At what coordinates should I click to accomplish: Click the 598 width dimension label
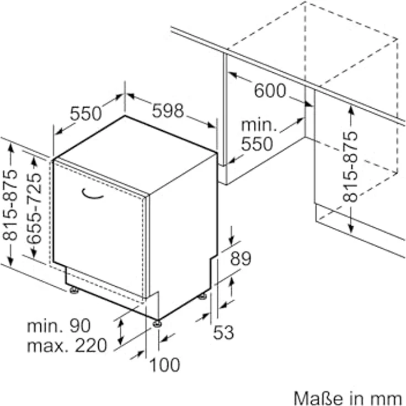pyautogui.click(x=168, y=110)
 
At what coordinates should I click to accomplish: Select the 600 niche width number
pyautogui.click(x=270, y=90)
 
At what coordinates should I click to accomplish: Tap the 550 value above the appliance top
pyautogui.click(x=86, y=114)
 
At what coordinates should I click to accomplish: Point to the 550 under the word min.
pyautogui.click(x=257, y=144)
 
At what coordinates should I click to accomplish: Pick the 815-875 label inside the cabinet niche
pyautogui.click(x=350, y=167)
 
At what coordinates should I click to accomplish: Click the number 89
pyautogui.click(x=241, y=258)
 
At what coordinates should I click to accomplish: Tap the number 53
pyautogui.click(x=223, y=332)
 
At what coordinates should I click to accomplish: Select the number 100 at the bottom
pyautogui.click(x=165, y=365)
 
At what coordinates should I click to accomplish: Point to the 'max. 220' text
pyautogui.click(x=67, y=345)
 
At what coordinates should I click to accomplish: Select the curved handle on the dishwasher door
pyautogui.click(x=92, y=194)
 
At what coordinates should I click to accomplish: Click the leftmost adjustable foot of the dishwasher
pyautogui.click(x=74, y=290)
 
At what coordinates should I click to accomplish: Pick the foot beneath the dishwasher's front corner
pyautogui.click(x=157, y=323)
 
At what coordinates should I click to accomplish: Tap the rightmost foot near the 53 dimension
pyautogui.click(x=202, y=296)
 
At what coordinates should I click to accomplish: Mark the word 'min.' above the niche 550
pyautogui.click(x=259, y=125)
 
